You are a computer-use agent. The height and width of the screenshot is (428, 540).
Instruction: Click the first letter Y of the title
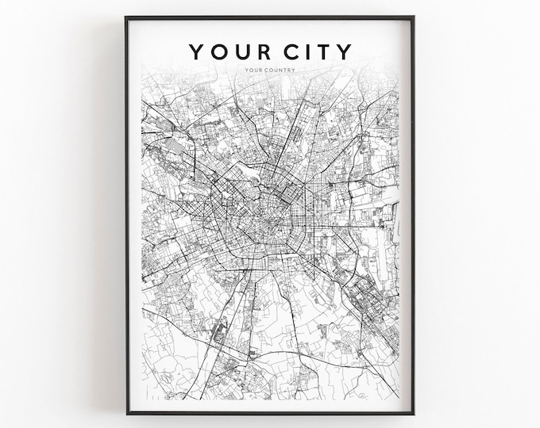(195, 52)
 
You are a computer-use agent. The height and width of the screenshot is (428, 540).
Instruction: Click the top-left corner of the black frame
(127, 17)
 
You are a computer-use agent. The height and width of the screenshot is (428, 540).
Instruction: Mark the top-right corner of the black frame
(413, 17)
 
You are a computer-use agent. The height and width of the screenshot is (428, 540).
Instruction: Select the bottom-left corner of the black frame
(127, 413)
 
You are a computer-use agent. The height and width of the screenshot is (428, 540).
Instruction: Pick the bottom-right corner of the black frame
(413, 413)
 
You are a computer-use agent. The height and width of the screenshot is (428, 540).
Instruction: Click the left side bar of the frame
(127, 214)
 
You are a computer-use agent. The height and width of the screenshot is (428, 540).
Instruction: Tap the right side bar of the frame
(413, 214)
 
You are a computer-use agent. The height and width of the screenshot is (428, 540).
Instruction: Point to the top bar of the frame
(270, 17)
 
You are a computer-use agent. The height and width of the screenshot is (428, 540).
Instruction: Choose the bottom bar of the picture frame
(270, 413)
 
